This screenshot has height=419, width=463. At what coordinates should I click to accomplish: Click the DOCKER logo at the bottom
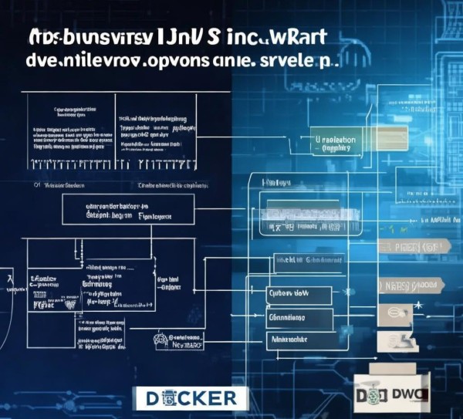[x=194, y=398]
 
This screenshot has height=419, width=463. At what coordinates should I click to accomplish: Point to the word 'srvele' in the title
[x=292, y=62]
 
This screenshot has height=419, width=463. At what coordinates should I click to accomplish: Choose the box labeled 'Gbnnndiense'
[x=298, y=318]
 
